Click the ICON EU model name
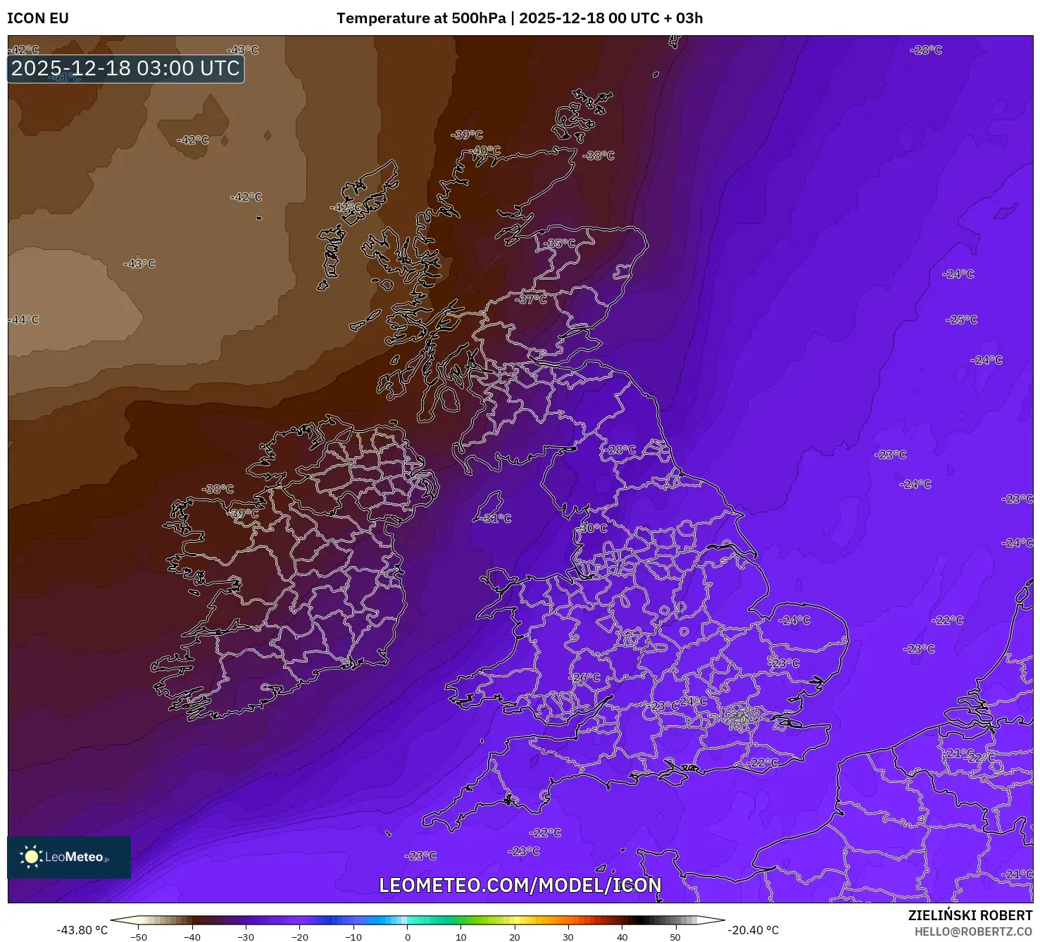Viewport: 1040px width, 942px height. coord(38,18)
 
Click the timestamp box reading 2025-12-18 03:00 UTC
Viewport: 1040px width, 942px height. coord(125,68)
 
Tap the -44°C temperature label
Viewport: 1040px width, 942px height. coord(24,320)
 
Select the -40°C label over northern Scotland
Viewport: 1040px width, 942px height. coord(485,151)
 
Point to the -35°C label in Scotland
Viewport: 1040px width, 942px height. coord(559,244)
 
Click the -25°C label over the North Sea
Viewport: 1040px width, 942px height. coord(963,320)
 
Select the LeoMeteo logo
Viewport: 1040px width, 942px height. coord(68,857)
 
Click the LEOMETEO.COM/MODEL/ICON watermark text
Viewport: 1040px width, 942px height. coord(520,885)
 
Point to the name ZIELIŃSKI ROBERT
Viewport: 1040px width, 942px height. coord(970,916)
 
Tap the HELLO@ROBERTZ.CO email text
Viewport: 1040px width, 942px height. coord(973,931)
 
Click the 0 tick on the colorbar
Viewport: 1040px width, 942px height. coord(407,936)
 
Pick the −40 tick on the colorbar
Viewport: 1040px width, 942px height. coord(192,936)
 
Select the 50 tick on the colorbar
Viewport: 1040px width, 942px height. coord(675,936)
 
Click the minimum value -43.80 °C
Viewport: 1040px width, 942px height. coord(82,930)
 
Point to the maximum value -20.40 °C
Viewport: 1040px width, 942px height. coord(753,930)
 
